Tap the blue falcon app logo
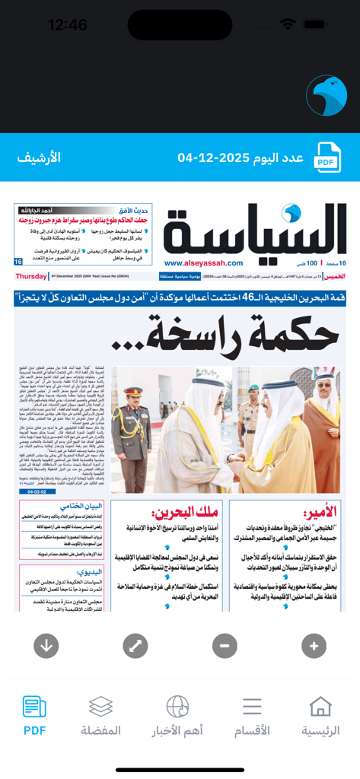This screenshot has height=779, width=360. [x=326, y=96]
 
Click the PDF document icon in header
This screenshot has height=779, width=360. [x=327, y=157]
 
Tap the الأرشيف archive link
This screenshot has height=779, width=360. [x=39, y=158]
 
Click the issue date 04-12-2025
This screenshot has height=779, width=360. [x=240, y=158]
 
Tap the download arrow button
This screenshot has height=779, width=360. [x=46, y=646]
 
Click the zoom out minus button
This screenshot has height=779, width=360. [x=225, y=646]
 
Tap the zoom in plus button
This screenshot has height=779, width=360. [x=314, y=646]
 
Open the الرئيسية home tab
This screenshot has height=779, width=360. [x=320, y=716]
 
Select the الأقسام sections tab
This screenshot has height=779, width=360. [x=252, y=716]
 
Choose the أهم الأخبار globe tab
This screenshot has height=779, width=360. [x=177, y=716]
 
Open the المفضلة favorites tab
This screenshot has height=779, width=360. [x=100, y=716]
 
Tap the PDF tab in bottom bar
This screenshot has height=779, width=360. [x=34, y=716]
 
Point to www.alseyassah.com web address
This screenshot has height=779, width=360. [x=202, y=263]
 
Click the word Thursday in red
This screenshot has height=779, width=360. [x=31, y=276]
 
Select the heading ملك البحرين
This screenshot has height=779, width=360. [x=195, y=512]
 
